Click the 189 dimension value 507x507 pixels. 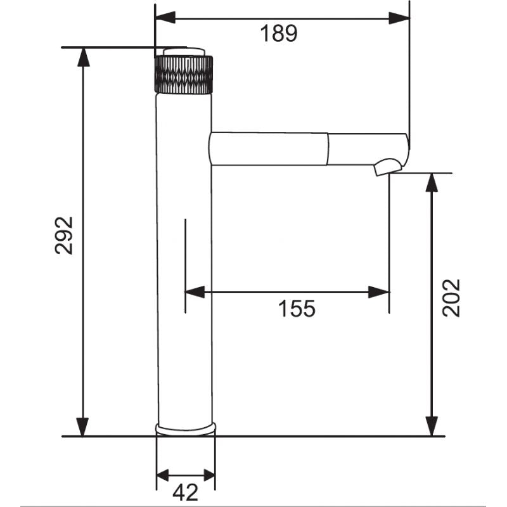point(278,34)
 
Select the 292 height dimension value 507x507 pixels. point(64,235)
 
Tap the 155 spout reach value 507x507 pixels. point(297,309)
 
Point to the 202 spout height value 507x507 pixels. point(451,298)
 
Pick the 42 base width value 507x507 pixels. point(185,492)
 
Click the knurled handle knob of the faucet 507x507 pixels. point(184,75)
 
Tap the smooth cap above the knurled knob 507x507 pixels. point(184,52)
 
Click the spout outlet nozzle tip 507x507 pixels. point(388,167)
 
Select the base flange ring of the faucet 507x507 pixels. point(186,429)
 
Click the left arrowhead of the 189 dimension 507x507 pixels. point(165,18)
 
